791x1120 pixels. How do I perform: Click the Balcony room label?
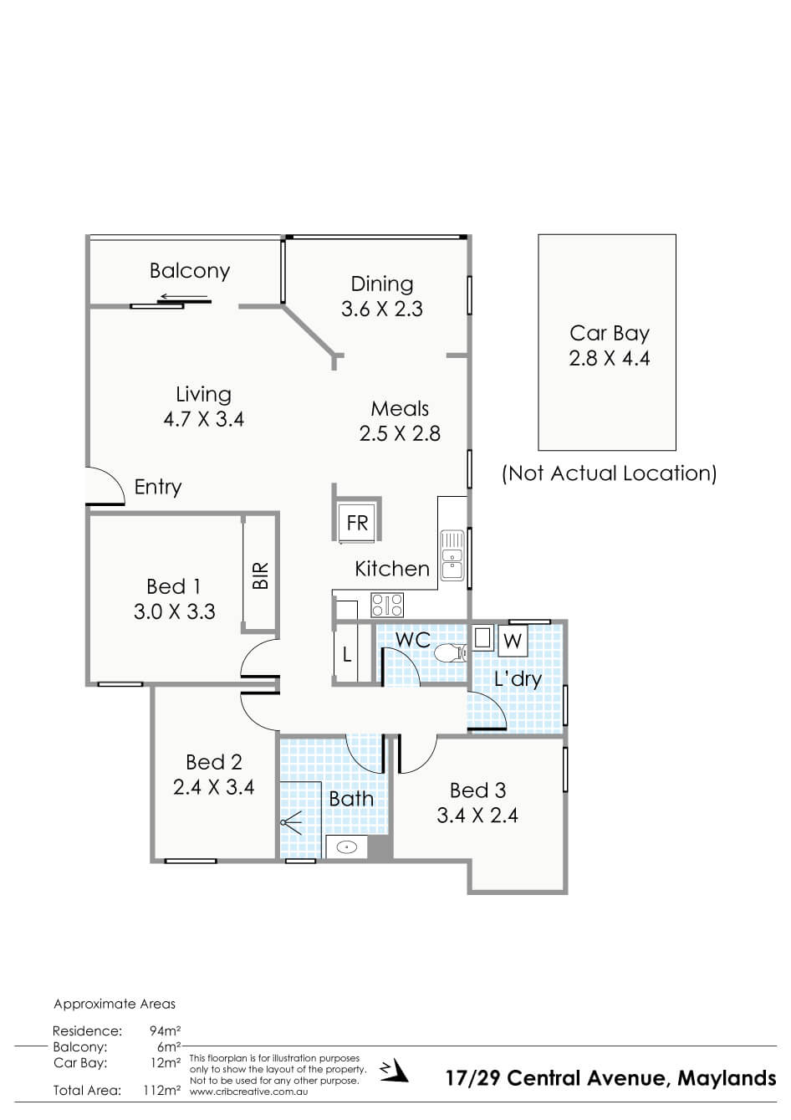(x=189, y=270)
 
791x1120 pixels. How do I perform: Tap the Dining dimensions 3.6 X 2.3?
(x=382, y=309)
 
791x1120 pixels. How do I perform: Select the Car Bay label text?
(x=609, y=334)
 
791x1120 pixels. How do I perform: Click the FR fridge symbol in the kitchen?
(x=357, y=523)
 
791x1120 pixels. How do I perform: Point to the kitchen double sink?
(x=452, y=555)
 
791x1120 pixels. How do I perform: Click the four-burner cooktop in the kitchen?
(x=387, y=605)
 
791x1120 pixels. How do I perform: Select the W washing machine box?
(x=513, y=641)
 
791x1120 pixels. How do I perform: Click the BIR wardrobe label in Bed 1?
(x=260, y=575)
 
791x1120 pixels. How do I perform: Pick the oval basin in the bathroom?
(x=346, y=847)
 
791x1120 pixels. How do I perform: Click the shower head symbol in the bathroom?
(x=291, y=822)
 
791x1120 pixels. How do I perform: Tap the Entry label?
(x=157, y=488)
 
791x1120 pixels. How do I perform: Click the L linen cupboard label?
(x=347, y=654)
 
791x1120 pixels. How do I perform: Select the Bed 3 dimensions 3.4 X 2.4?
(x=477, y=816)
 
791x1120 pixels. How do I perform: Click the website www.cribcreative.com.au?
(x=248, y=1092)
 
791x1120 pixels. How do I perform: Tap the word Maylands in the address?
(x=727, y=1078)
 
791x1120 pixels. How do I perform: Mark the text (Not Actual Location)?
(x=609, y=473)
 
